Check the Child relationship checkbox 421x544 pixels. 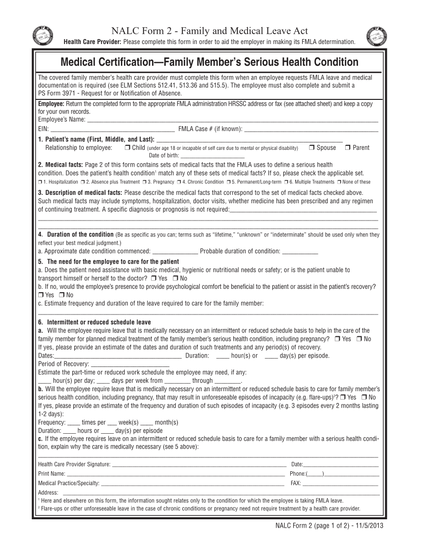coord(128,148)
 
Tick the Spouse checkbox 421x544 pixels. coord(311,148)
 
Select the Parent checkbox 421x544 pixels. coord(347,148)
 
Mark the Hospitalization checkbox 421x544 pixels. coord(40,182)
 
